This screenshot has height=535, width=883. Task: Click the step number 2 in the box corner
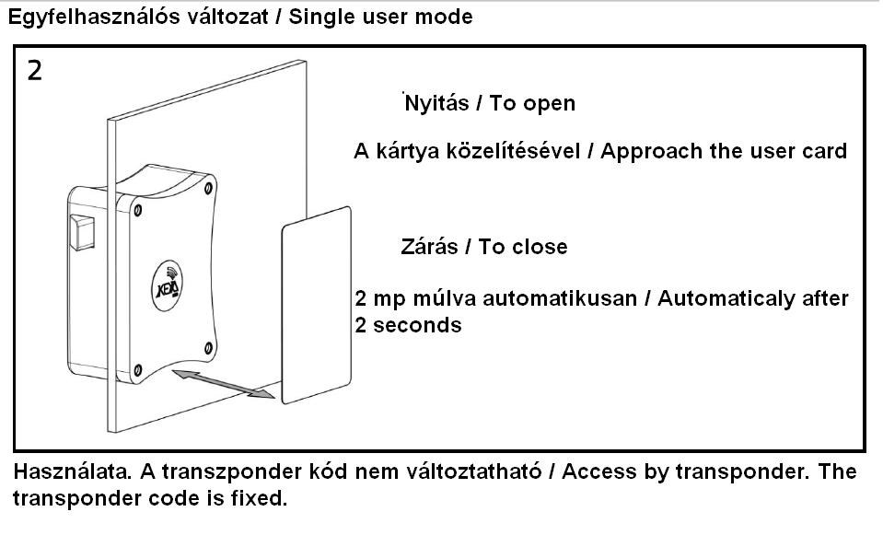(x=34, y=71)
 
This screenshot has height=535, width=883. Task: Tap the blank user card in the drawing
(x=316, y=304)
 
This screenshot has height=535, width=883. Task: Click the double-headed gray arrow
(x=223, y=382)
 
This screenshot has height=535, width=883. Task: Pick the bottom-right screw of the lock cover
(x=207, y=347)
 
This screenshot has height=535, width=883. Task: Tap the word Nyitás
(x=437, y=103)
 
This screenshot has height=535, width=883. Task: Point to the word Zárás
(x=429, y=247)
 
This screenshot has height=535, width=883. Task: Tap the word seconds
(x=419, y=325)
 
